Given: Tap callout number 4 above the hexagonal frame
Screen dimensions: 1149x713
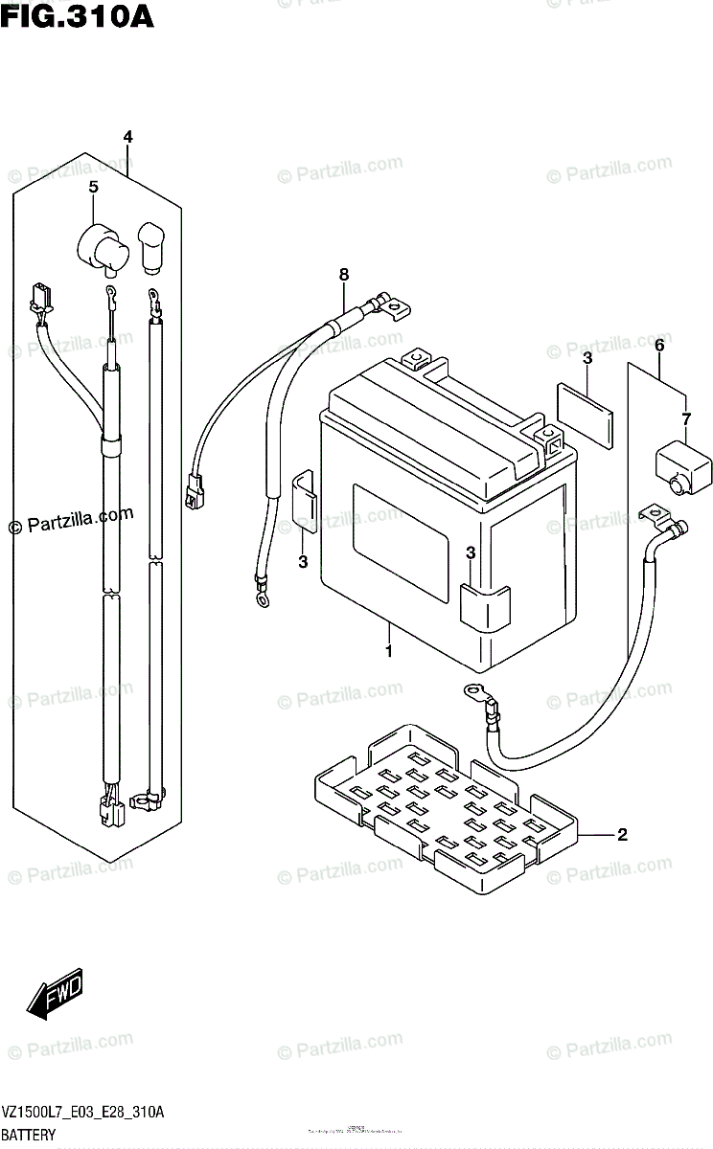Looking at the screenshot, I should coord(127,137).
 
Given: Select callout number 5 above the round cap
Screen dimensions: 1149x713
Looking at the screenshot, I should coord(93,188).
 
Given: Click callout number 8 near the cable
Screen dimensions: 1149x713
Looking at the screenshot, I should coord(344,276).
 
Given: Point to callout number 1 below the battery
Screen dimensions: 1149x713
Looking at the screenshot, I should coord(389,652).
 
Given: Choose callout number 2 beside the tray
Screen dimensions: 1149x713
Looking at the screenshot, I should coord(622,835).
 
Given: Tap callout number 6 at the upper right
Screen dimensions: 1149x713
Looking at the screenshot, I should coord(658,344).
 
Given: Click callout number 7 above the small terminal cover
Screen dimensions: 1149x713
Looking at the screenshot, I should coord(685,418).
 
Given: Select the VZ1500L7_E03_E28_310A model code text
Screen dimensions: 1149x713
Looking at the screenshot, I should coord(83,1112).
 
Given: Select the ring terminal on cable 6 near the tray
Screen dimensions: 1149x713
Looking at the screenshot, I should coord(472,690).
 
